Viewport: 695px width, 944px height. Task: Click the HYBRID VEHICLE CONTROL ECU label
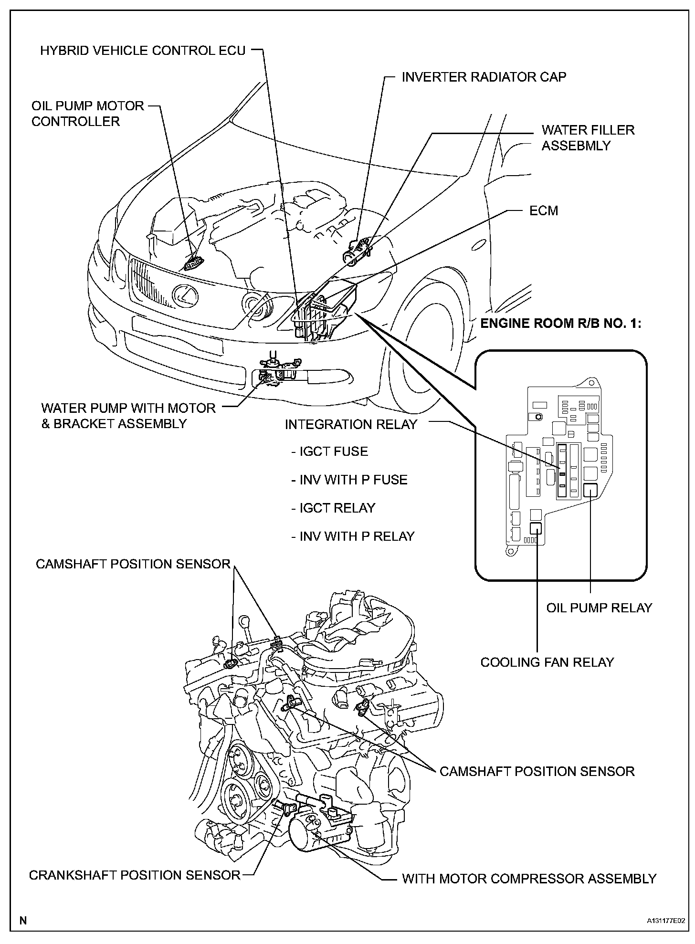142,51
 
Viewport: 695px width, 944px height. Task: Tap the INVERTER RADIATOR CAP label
484,77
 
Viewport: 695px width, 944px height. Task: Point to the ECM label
544,210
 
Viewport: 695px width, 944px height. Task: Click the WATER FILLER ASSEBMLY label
588,137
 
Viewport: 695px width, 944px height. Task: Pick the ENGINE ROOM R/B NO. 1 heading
561,324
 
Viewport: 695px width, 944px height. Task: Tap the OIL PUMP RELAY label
599,608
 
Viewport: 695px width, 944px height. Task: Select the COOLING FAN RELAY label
547,662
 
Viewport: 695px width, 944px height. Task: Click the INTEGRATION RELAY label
351,424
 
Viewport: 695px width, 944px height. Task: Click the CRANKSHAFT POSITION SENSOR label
135,875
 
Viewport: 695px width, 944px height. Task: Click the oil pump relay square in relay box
591,490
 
